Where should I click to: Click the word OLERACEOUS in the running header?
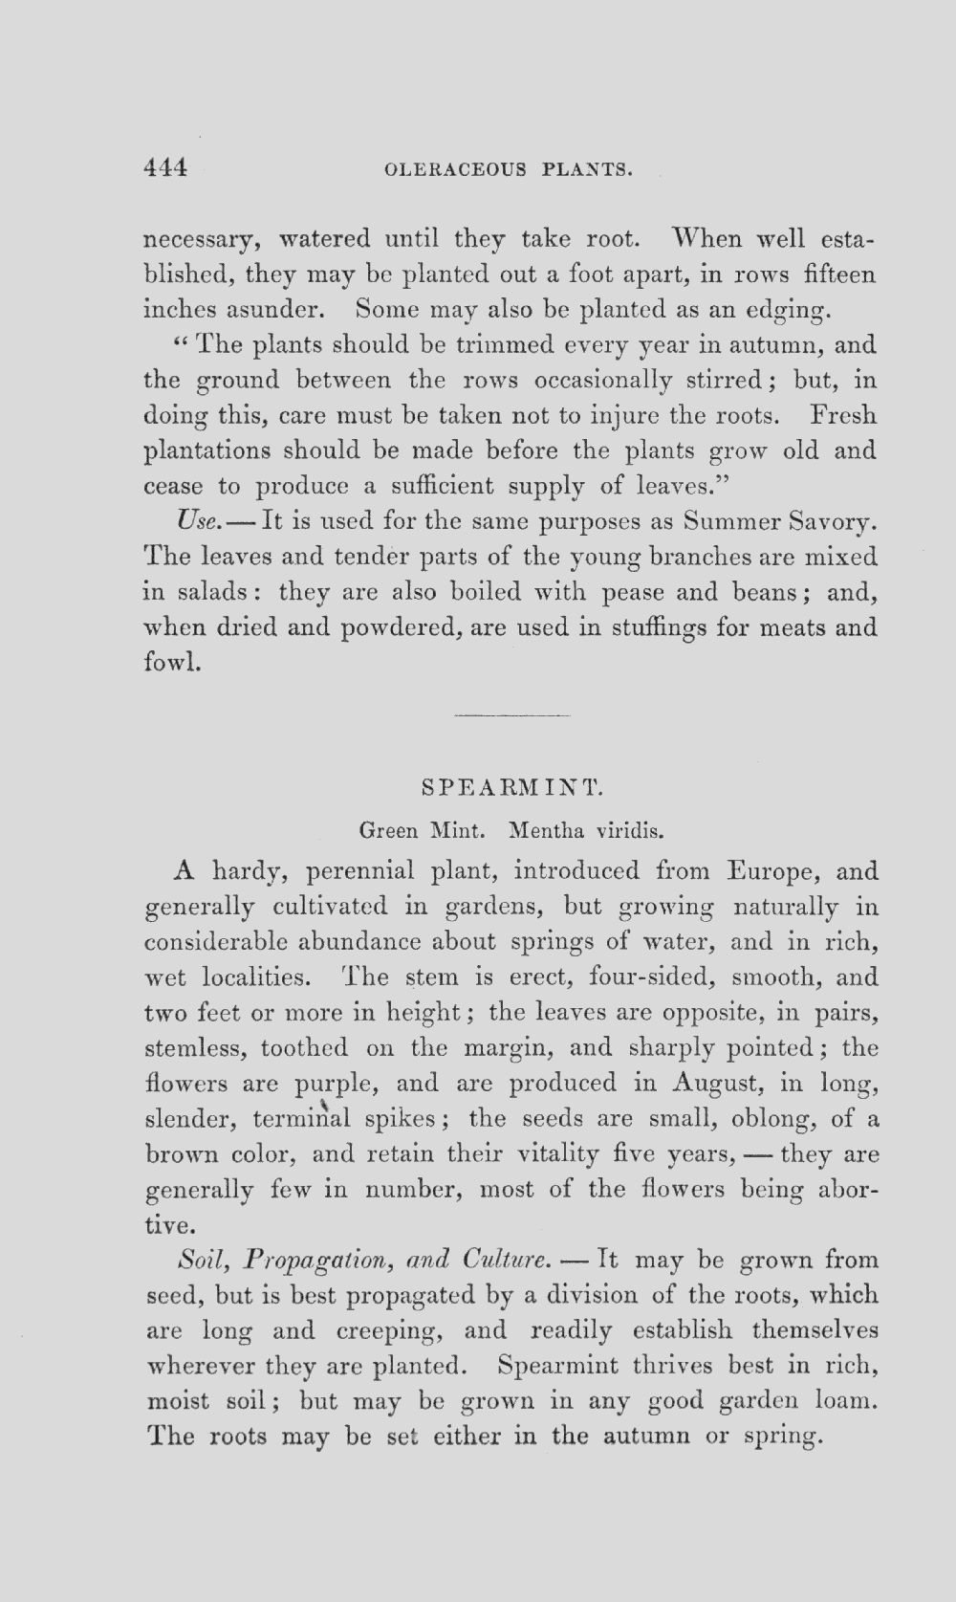(454, 170)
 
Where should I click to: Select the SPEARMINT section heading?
(512, 788)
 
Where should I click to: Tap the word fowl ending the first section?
(172, 662)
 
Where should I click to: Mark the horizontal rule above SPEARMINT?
(512, 714)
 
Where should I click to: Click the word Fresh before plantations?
(842, 416)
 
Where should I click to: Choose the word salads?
(209, 592)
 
